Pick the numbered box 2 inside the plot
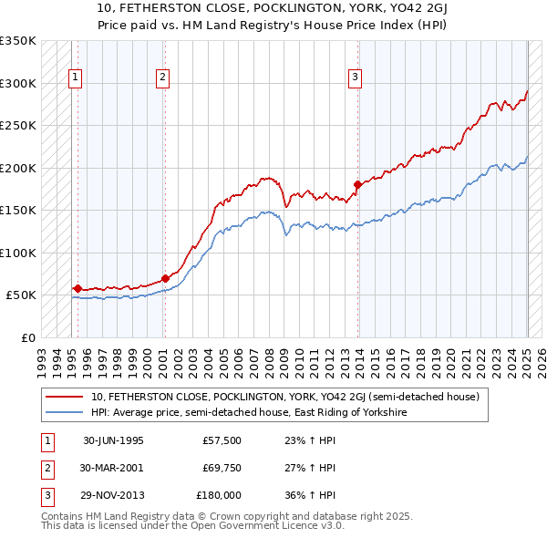tap(161, 78)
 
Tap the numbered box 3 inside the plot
tap(355, 78)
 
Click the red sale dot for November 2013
tap(357, 185)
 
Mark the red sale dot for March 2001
tap(165, 278)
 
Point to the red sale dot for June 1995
tap(77, 288)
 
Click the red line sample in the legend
tap(64, 397)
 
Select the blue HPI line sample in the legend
tap(64, 412)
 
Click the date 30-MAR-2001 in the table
tap(113, 468)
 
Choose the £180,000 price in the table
tap(219, 495)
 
